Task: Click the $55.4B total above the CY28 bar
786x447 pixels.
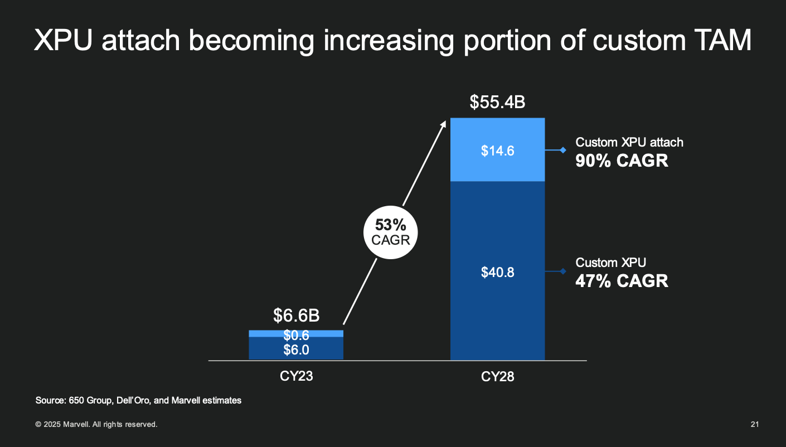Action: click(x=497, y=102)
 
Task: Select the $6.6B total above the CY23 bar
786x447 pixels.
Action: click(x=296, y=315)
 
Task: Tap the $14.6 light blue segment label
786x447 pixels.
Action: click(x=497, y=150)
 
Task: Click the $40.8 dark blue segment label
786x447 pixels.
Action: click(x=497, y=273)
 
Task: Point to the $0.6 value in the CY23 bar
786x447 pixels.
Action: click(x=296, y=335)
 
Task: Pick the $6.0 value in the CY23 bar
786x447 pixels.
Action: click(x=296, y=349)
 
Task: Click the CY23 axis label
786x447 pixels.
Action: click(x=296, y=376)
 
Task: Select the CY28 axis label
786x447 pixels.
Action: click(x=497, y=377)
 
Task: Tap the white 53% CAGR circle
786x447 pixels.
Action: click(x=390, y=232)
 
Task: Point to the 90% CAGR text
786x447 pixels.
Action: click(x=622, y=161)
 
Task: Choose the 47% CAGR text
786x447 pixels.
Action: click(x=622, y=280)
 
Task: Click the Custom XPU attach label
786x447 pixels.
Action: click(x=629, y=142)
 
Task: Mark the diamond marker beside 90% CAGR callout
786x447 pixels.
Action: click(x=563, y=150)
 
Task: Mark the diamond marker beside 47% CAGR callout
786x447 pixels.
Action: click(x=563, y=271)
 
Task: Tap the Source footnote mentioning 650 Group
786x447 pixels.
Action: click(x=138, y=400)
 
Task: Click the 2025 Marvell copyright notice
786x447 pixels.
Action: click(x=96, y=425)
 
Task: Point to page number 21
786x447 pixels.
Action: click(x=755, y=425)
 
